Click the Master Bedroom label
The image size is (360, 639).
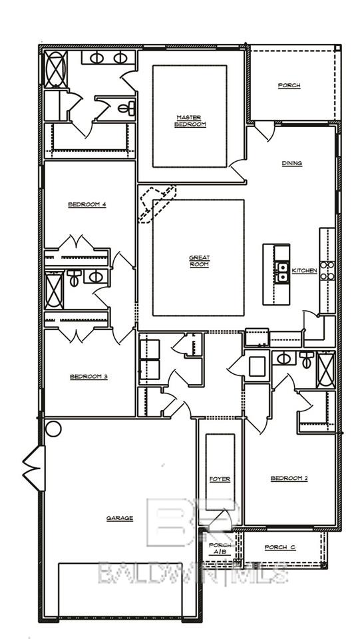click(x=190, y=121)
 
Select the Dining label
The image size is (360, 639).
click(x=291, y=163)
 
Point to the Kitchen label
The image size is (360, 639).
click(x=304, y=271)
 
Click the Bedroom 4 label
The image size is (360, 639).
click(x=87, y=204)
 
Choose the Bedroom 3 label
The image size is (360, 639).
click(x=89, y=377)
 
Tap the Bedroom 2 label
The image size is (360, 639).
click(x=289, y=478)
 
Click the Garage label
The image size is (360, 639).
click(x=120, y=518)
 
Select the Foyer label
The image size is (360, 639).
click(x=220, y=479)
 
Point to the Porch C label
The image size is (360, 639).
click(x=280, y=547)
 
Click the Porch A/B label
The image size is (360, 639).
click(x=220, y=549)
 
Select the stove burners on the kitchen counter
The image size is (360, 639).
click(x=327, y=270)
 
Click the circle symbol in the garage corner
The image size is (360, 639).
click(x=53, y=429)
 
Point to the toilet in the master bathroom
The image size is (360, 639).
click(x=128, y=108)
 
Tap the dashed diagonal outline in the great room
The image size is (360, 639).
click(x=157, y=203)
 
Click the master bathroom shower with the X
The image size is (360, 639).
click(x=55, y=69)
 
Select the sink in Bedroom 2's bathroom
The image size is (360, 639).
click(x=283, y=359)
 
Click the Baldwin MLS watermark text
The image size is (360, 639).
click(x=193, y=572)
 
